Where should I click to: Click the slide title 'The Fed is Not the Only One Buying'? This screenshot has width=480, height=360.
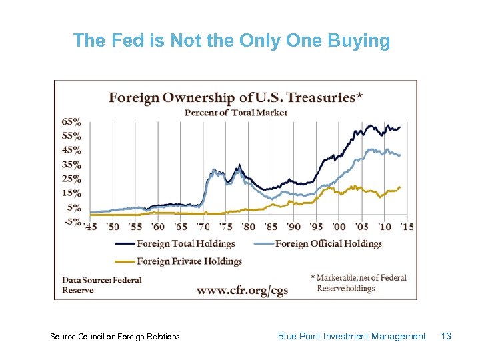pos(231,41)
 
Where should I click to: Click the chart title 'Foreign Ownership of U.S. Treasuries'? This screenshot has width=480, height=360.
pos(235,97)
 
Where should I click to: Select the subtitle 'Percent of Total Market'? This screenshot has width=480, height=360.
pos(235,113)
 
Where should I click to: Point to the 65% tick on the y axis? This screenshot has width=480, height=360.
pos(71,122)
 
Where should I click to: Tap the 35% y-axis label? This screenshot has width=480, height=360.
pos(71,165)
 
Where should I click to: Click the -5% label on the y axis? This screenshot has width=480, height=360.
pos(71,221)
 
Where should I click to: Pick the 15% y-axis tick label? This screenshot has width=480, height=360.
pos(71,193)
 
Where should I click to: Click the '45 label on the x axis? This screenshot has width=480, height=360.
pos(91,227)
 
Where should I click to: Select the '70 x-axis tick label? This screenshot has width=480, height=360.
pos(203,227)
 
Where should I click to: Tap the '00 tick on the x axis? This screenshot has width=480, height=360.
pos(339,227)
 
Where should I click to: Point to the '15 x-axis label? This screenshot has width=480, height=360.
pos(406,227)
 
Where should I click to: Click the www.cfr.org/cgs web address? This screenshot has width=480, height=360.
pos(242,291)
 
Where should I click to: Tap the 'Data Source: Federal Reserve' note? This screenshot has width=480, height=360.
pos(101,285)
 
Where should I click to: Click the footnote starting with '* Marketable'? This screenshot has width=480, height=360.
pos(358,283)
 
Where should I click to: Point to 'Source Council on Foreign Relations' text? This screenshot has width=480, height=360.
pos(115,337)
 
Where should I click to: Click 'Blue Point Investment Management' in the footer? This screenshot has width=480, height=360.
pos(351,337)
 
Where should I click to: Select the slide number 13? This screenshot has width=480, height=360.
pos(446,337)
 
